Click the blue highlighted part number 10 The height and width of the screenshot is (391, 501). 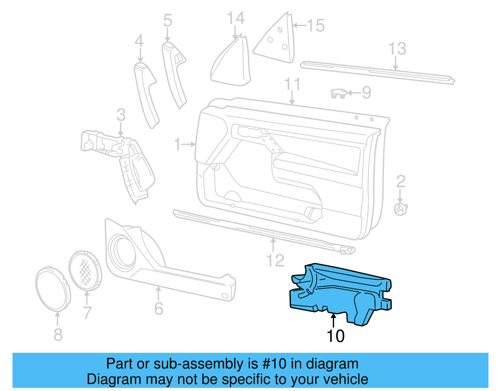coord(338,294)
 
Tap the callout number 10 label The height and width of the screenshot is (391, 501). coord(335,336)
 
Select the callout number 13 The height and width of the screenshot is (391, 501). coord(397,49)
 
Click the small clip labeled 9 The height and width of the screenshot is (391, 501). coord(338,93)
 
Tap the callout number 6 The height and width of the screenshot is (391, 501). coord(159,309)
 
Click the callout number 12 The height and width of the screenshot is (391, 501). coord(275,260)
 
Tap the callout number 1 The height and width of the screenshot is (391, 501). coord(178,144)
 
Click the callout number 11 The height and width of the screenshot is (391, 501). coord(292,84)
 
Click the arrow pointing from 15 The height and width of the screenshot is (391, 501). coord(299,25)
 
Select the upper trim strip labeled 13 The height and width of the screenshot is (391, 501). coord(376,72)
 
